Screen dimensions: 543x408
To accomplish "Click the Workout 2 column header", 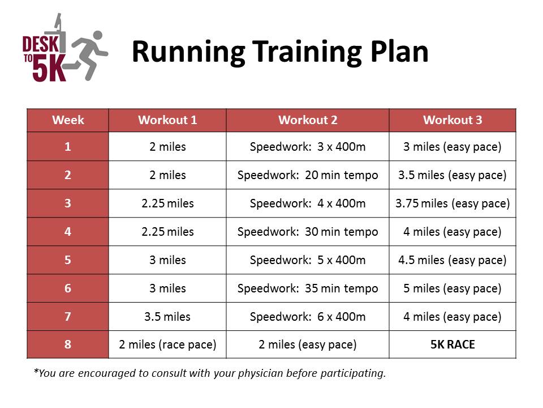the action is click(308, 120).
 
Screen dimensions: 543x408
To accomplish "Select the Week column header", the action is click(68, 120).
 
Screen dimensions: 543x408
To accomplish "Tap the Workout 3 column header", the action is click(453, 120).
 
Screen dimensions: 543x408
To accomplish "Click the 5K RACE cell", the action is click(453, 344).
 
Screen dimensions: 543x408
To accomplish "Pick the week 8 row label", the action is click(67, 344).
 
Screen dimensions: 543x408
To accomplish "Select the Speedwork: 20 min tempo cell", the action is click(308, 175).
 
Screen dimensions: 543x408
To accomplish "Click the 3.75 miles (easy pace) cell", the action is click(453, 203).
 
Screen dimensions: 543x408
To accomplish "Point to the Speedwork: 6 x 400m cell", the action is click(308, 316).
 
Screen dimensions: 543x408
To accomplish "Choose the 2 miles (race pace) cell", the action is click(167, 345).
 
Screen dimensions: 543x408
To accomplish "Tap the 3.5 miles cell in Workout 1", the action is click(167, 316).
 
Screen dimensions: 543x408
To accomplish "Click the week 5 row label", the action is click(67, 260).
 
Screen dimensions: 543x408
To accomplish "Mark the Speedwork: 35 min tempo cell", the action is click(308, 288).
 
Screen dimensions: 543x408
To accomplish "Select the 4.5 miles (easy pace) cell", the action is click(453, 260).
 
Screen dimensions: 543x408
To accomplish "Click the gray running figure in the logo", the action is click(87, 56).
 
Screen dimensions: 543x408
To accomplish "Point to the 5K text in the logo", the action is click(49, 68).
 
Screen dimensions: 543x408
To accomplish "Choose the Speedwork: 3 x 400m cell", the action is click(308, 147).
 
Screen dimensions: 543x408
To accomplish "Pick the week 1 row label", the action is click(67, 146).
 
